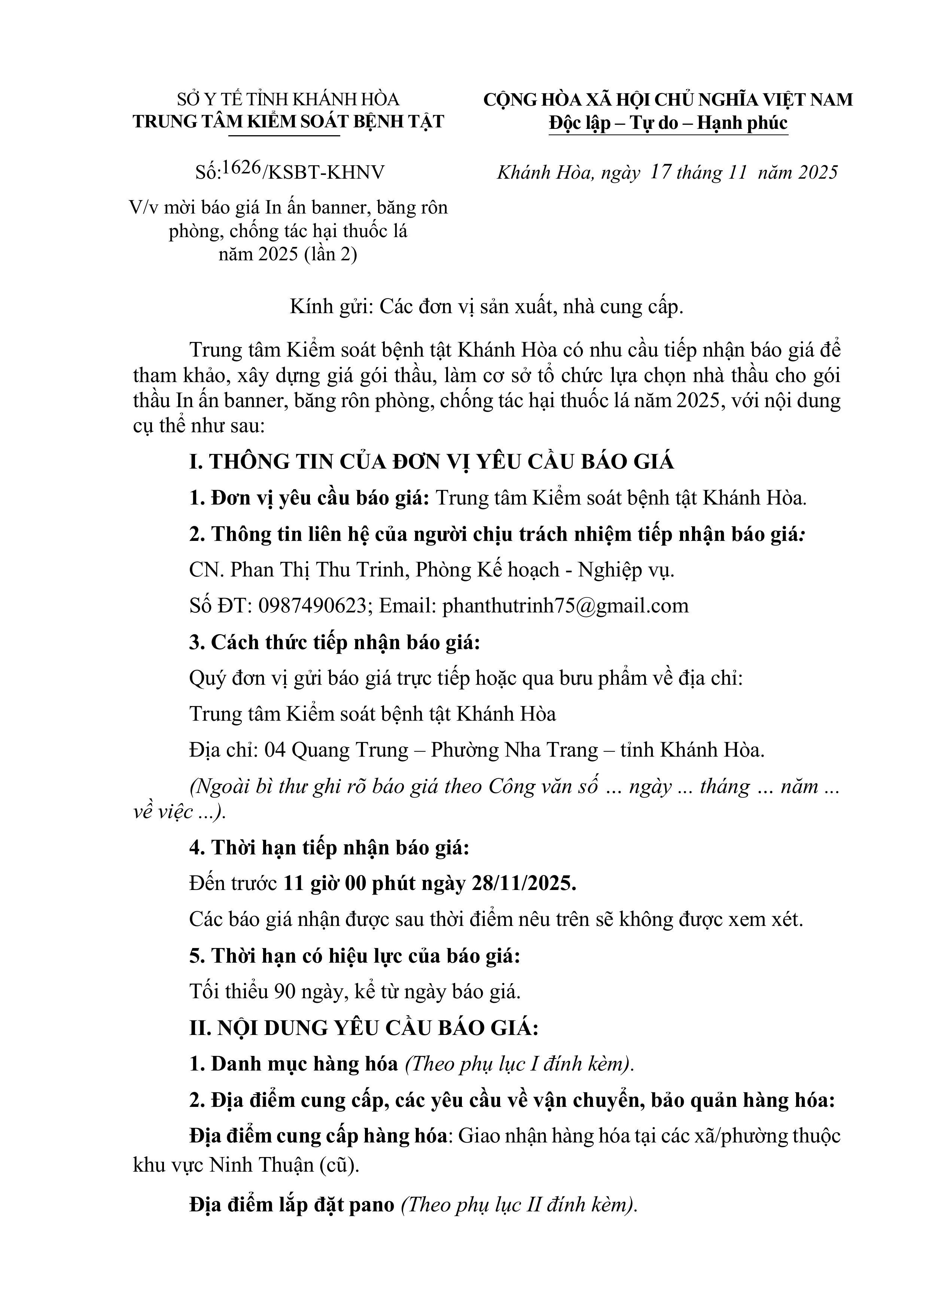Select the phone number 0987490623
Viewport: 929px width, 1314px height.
coord(312,605)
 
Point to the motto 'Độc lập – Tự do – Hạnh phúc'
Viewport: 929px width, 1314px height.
coord(668,123)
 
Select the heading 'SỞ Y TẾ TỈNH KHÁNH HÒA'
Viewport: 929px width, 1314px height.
coord(288,100)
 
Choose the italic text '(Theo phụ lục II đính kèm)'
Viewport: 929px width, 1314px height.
coord(518,1205)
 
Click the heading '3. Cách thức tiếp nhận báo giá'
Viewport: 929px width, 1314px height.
coord(334,642)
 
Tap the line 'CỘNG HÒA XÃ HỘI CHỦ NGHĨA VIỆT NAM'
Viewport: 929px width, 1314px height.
coord(668,100)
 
